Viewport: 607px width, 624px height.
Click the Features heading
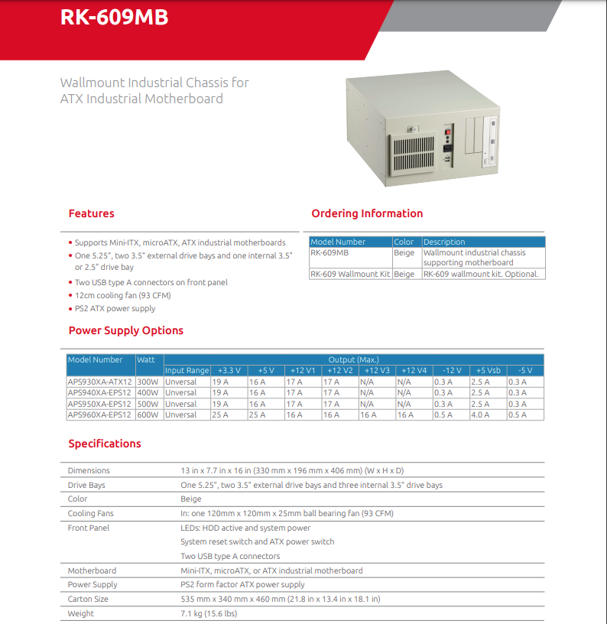click(x=91, y=213)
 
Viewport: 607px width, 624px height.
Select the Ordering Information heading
click(x=367, y=213)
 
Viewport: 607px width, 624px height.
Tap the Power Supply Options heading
click(x=126, y=330)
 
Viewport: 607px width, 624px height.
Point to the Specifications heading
click(x=105, y=444)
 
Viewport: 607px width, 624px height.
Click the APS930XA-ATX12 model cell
click(x=100, y=382)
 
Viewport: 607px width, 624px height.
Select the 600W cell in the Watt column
click(x=148, y=415)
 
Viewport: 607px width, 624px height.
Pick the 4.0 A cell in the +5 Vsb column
click(x=480, y=415)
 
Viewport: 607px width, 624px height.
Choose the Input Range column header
click(x=187, y=371)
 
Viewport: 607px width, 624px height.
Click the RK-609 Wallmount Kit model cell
click(x=350, y=274)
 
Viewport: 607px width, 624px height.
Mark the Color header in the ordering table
click(x=404, y=242)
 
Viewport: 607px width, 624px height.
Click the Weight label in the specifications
click(x=81, y=613)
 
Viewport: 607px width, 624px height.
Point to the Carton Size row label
click(x=88, y=599)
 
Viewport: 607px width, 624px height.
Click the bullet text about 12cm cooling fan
click(x=122, y=295)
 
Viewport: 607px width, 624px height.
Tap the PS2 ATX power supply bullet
click(x=115, y=309)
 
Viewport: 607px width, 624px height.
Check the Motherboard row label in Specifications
click(x=92, y=570)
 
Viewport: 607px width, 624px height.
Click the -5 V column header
click(x=524, y=371)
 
